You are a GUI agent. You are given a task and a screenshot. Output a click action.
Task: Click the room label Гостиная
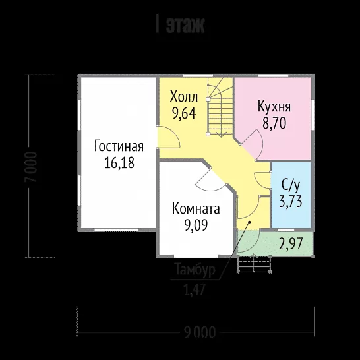pyautogui.click(x=119, y=146)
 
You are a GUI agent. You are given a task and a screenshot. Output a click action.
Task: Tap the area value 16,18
pyautogui.click(x=119, y=163)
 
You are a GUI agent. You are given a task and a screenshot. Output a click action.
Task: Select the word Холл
pyautogui.click(x=184, y=96)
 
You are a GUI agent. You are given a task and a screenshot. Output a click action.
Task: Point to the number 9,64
pyautogui.click(x=184, y=113)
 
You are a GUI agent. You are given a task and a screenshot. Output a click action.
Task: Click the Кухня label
pyautogui.click(x=274, y=107)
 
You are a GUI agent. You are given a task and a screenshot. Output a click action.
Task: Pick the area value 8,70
pyautogui.click(x=274, y=123)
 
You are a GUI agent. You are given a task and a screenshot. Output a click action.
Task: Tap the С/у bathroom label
pyautogui.click(x=291, y=186)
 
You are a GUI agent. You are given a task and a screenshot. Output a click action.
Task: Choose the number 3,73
pyautogui.click(x=291, y=202)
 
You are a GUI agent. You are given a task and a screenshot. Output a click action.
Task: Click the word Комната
pyautogui.click(x=196, y=209)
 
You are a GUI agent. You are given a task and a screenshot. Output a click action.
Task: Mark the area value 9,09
pyautogui.click(x=196, y=225)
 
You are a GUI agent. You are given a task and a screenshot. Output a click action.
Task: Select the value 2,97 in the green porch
pyautogui.click(x=291, y=243)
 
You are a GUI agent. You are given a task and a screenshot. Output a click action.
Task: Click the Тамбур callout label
pyautogui.click(x=195, y=270)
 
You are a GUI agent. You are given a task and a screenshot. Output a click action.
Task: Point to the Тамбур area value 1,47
pyautogui.click(x=195, y=289)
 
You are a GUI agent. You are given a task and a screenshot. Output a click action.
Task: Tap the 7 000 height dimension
pyautogui.click(x=32, y=167)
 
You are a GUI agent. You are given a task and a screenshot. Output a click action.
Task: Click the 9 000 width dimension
pyautogui.click(x=200, y=332)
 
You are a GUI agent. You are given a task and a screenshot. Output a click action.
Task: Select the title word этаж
pyautogui.click(x=185, y=25)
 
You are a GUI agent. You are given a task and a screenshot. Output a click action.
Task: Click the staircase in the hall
pyautogui.click(x=220, y=107)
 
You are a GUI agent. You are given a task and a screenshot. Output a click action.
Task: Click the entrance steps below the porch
pyautogui.click(x=254, y=264)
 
